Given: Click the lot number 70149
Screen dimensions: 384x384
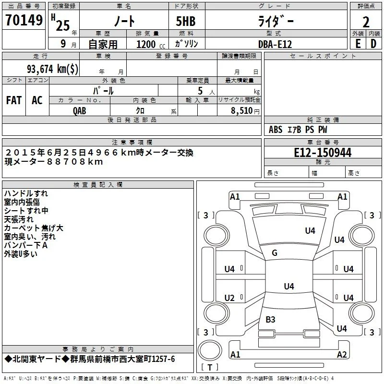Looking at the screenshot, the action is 24,20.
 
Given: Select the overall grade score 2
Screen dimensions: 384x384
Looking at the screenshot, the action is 366,22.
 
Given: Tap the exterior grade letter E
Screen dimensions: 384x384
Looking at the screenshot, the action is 358,44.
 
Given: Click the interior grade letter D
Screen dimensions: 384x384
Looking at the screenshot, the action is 373,44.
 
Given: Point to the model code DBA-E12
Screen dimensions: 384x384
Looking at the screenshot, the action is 275,44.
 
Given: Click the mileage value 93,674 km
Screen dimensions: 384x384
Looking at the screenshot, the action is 53,69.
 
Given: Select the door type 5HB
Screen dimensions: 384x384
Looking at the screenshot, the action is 186,21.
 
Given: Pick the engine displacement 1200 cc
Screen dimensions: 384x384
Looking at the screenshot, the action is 151,44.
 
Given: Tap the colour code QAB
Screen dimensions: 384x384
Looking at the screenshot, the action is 80,111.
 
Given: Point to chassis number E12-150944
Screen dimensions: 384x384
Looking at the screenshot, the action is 323,153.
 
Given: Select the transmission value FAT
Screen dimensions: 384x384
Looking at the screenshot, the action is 14,100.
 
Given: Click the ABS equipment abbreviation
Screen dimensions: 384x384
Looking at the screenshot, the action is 276,130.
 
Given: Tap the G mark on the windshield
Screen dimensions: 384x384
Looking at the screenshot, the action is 275,253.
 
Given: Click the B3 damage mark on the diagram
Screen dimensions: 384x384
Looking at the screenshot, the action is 270,319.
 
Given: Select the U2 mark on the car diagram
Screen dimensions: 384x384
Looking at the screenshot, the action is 229,298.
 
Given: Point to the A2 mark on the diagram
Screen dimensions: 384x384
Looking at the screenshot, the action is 342,354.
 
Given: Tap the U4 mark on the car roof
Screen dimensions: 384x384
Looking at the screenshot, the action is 289,286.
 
